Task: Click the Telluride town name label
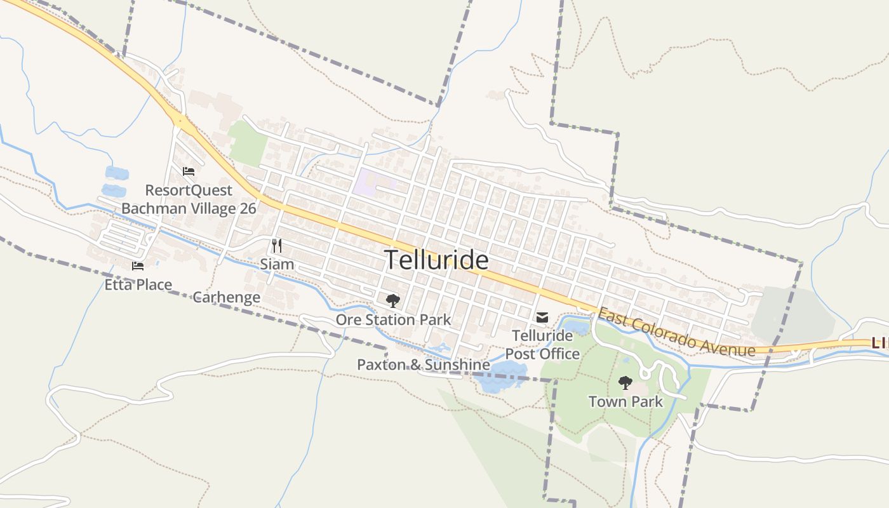pos(437,260)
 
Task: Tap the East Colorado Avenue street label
pos(676,332)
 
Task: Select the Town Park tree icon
pos(625,383)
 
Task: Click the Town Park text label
pos(625,402)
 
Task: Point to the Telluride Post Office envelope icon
pos(542,317)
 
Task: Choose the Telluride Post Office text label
pos(542,344)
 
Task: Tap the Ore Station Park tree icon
pos(393,301)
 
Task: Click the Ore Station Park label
pos(393,319)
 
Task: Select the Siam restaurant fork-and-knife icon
pos(276,246)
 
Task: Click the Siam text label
pos(277,264)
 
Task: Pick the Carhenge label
pos(226,297)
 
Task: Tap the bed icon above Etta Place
pos(138,266)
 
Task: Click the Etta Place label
pos(138,284)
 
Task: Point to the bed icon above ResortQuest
pos(189,171)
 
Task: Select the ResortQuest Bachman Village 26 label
pos(189,199)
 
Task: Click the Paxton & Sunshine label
pos(423,364)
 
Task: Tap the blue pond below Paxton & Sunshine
pos(502,378)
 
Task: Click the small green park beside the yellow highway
pos(248,143)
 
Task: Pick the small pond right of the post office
pos(577,328)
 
